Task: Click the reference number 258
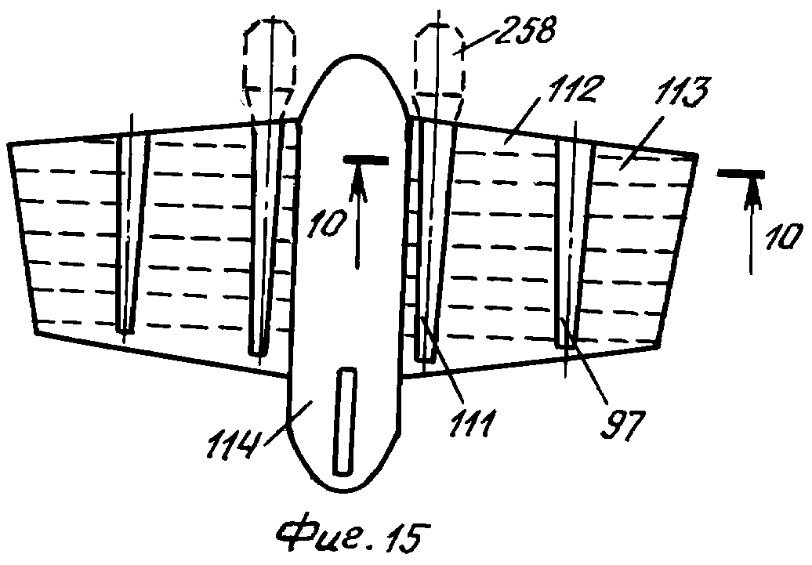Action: point(525,31)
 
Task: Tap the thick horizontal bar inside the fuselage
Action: point(365,161)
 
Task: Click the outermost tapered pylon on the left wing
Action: point(132,233)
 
